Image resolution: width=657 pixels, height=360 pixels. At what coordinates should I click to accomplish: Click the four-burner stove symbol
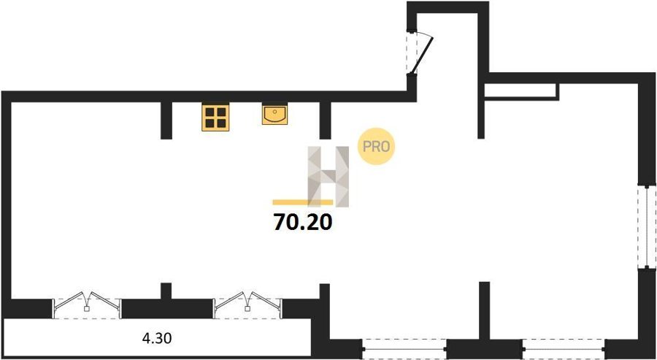215,118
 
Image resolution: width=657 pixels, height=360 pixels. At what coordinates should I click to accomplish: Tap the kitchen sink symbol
275,115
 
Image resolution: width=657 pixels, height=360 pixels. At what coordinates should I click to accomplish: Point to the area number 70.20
302,222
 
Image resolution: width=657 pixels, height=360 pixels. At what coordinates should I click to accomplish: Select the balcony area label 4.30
157,338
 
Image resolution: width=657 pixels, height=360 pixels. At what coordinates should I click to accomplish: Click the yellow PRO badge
376,146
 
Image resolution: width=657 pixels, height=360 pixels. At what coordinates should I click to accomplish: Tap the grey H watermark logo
328,177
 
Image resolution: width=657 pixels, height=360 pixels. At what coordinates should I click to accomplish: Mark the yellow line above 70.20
302,202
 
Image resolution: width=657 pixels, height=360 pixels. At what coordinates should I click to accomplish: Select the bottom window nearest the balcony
404,349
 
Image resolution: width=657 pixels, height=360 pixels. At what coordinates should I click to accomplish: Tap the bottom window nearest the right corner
564,349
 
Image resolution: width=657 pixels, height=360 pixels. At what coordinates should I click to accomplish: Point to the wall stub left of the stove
166,120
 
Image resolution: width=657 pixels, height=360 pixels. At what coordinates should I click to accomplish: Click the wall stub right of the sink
325,120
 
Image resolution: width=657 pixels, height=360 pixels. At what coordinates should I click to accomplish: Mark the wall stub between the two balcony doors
166,291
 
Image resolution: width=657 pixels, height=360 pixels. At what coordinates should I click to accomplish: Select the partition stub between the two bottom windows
485,311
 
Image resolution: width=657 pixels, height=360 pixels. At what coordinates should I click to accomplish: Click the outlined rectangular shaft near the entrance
521,92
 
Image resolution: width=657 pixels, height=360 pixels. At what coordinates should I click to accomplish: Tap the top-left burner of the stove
210,112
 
